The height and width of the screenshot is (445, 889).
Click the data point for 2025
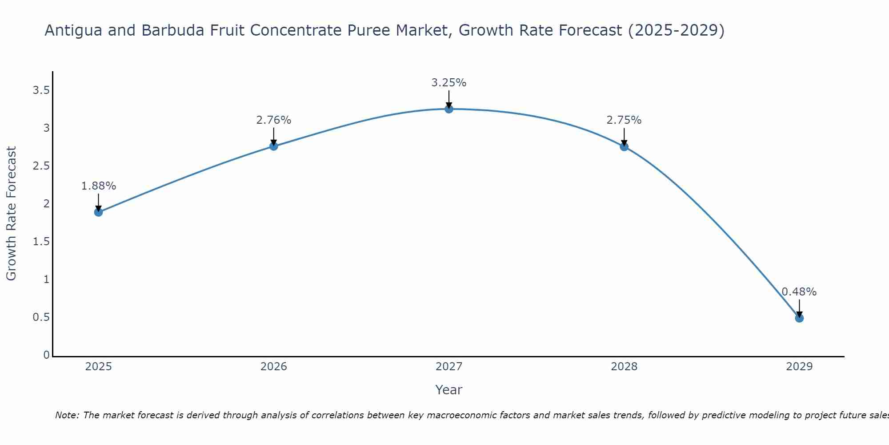[x=99, y=212]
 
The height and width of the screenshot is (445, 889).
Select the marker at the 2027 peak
[x=449, y=109]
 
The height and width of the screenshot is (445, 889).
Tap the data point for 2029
[x=799, y=318]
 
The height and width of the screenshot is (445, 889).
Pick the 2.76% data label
[x=274, y=120]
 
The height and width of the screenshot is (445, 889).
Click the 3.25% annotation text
[x=449, y=83]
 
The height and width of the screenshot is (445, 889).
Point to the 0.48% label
[x=799, y=292]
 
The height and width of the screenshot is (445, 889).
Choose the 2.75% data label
[x=624, y=120]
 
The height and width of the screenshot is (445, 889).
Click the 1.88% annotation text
[x=99, y=186]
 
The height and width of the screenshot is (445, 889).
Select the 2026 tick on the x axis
[x=274, y=367]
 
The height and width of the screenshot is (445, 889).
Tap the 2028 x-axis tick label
[x=624, y=367]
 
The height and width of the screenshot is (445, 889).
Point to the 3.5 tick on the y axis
[x=41, y=91]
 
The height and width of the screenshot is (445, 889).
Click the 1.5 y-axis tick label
[x=41, y=242]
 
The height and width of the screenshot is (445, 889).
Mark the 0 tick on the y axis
[x=46, y=355]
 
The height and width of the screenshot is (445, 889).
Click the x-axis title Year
[x=449, y=390]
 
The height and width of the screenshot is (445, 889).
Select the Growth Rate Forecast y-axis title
[x=12, y=214]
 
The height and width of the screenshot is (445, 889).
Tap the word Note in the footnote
[x=67, y=415]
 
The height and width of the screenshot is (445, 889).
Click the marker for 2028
[x=624, y=147]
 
